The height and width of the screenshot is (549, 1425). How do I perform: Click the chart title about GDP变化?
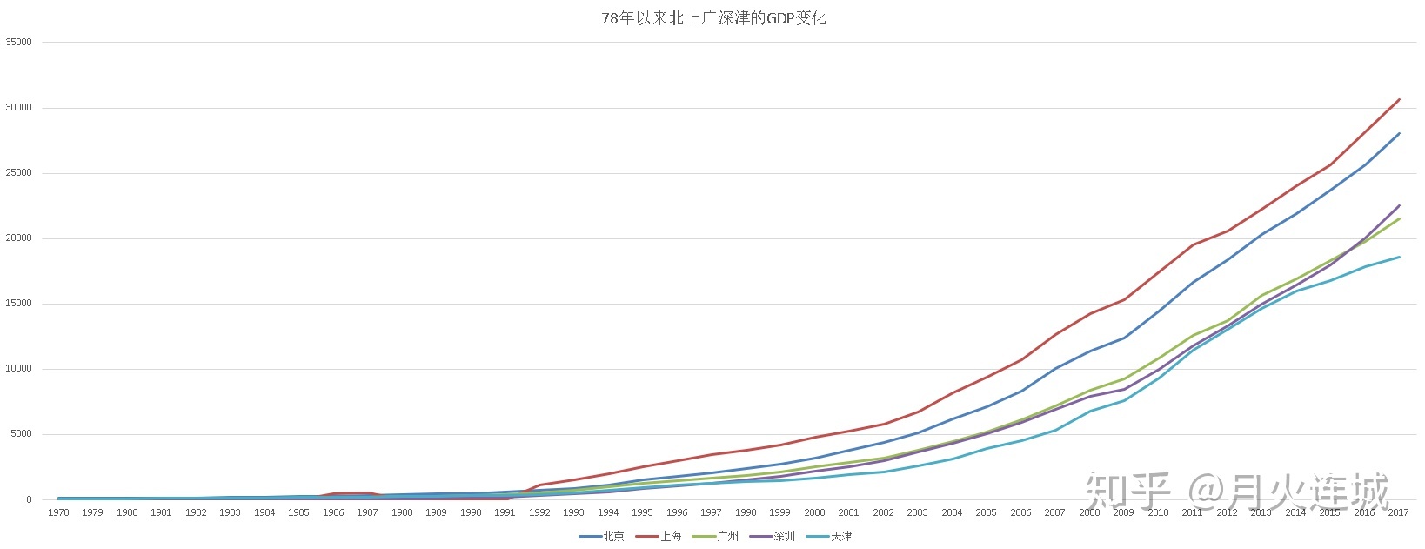[x=713, y=17]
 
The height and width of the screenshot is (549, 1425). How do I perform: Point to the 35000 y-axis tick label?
[x=18, y=42]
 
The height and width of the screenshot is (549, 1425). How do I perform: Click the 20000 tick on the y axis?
[x=18, y=238]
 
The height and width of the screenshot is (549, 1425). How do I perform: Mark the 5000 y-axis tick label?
[x=21, y=434]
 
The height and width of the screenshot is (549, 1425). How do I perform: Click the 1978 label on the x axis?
[x=58, y=512]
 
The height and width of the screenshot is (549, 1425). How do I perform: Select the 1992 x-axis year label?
[x=539, y=512]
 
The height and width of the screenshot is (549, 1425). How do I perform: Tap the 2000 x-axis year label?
[x=814, y=512]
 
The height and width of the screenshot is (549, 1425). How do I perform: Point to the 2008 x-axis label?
[x=1089, y=512]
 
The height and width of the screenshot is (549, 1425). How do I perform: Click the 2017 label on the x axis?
[x=1398, y=512]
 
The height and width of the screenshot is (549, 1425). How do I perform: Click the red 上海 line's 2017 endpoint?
[x=1399, y=99]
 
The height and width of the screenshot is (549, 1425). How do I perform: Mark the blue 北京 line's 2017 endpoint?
[x=1399, y=134]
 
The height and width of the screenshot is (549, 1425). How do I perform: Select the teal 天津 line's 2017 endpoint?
[x=1399, y=257]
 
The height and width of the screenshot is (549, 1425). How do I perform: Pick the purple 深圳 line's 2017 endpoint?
[x=1399, y=206]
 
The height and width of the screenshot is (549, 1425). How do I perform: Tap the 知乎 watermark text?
[x=1129, y=491]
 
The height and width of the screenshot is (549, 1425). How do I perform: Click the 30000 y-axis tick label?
[x=18, y=108]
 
